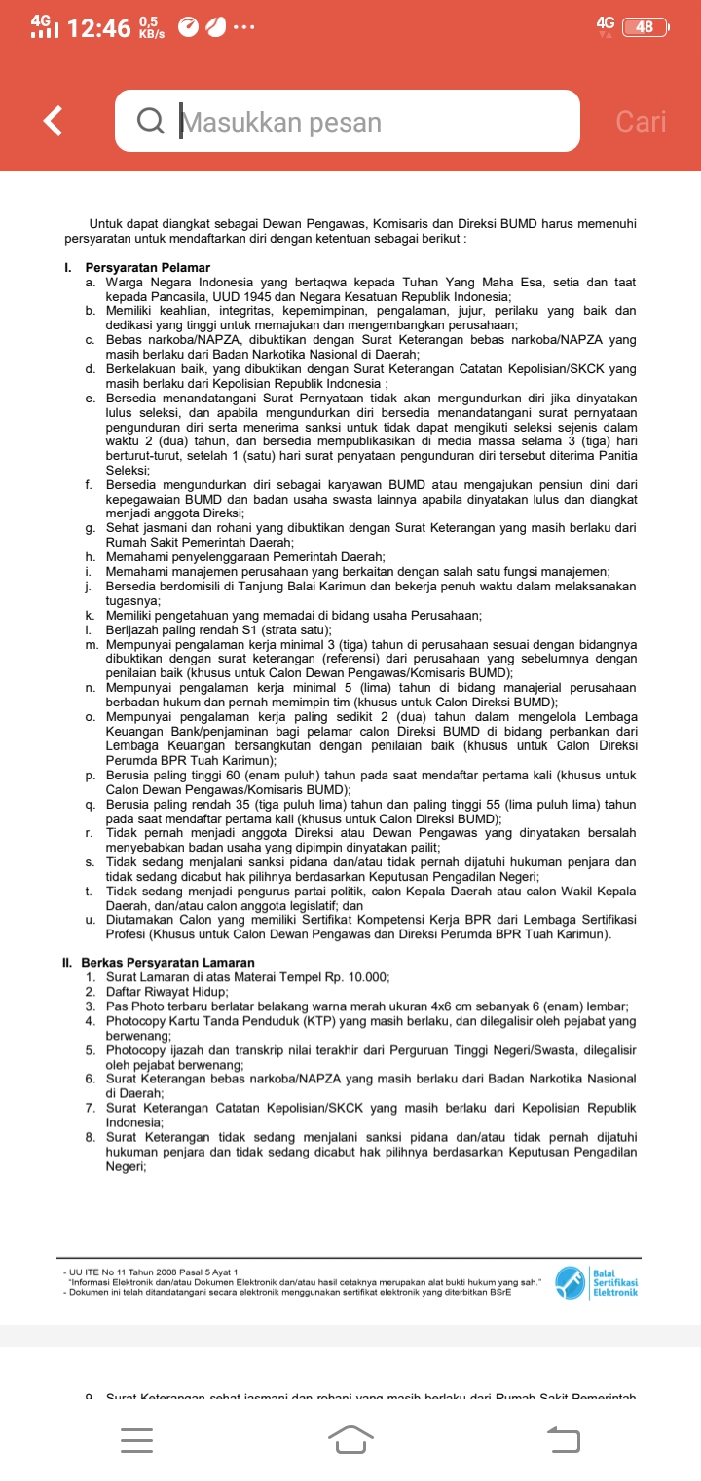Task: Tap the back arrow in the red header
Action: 55,121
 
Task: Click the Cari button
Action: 641,122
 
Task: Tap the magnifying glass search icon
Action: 151,122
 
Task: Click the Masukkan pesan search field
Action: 370,122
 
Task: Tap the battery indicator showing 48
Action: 645,27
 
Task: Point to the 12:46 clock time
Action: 99,28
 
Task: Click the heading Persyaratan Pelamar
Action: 148,268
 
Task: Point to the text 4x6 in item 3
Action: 445,1006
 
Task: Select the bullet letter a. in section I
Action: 90,283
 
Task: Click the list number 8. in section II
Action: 90,1136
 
